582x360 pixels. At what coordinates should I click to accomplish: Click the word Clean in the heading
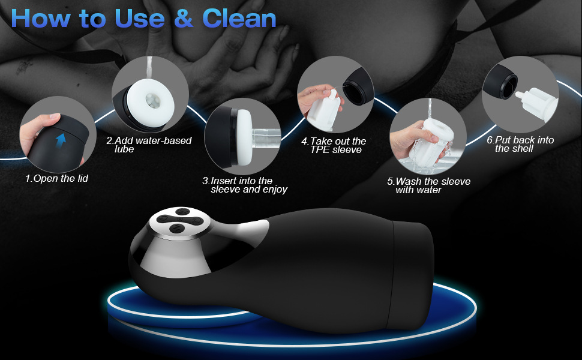(x=239, y=19)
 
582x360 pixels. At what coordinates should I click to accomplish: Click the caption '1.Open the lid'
(x=56, y=178)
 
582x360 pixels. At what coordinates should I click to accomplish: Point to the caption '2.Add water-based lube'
(x=149, y=145)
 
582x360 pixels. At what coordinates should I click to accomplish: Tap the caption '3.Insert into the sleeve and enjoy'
(x=245, y=185)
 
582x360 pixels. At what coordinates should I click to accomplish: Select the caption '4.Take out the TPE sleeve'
(x=334, y=145)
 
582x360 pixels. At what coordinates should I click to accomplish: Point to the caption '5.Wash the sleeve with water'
(x=428, y=185)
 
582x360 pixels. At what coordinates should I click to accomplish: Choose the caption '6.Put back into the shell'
(x=520, y=144)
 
